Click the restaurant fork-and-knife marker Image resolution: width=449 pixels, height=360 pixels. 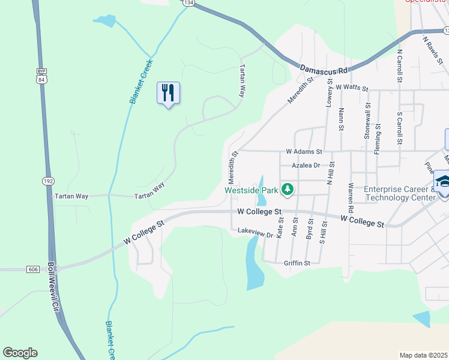tap(168, 93)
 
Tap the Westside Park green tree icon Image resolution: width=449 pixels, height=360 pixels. tap(288, 190)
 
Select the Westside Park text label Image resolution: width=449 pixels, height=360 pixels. tap(252, 190)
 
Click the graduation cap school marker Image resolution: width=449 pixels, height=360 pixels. tap(444, 181)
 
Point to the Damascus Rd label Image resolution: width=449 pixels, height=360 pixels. tap(324, 70)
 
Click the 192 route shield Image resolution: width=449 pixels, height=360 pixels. tap(49, 181)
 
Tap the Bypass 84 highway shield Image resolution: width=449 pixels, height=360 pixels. tap(40, 75)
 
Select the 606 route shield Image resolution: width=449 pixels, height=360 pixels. tap(32, 269)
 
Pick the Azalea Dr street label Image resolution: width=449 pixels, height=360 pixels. tap(306, 165)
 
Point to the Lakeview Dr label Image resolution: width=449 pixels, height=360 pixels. tap(255, 230)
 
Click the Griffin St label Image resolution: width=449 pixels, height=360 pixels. tap(297, 263)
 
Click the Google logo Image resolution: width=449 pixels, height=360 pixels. tap(20, 353)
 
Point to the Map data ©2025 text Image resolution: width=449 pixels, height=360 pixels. tap(423, 355)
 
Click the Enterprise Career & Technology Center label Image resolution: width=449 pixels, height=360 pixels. tap(400, 193)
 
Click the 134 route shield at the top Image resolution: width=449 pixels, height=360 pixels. tap(189, 3)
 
